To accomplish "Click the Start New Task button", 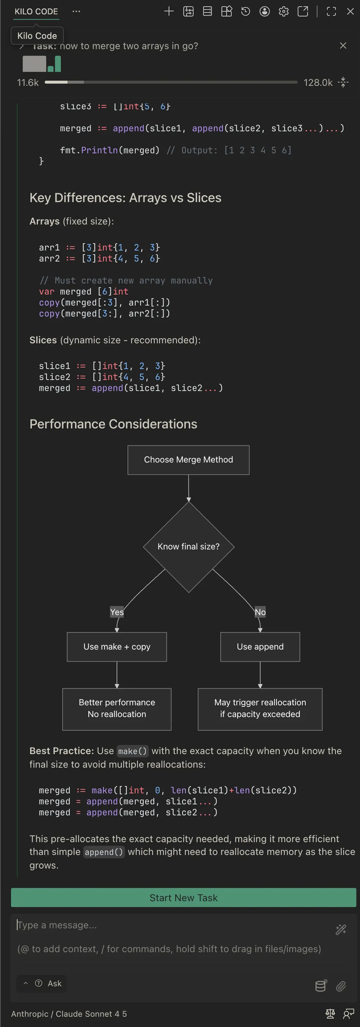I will [183, 898].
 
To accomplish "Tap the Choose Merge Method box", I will [188, 460].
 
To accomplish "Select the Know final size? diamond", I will [188, 546].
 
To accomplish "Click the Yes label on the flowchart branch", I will [117, 611].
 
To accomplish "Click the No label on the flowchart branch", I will [260, 611].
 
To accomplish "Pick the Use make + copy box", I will [117, 646].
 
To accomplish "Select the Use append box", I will [260, 646].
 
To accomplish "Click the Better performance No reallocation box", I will [117, 709].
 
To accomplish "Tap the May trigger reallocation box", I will [260, 709].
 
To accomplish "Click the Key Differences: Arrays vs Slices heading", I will [125, 198].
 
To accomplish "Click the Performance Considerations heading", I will [113, 424].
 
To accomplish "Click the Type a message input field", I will [168, 925].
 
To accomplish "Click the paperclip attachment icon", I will [341, 986].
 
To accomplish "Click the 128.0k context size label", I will [318, 83].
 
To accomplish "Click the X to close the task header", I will [343, 45].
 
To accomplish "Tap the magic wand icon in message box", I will [341, 929].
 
